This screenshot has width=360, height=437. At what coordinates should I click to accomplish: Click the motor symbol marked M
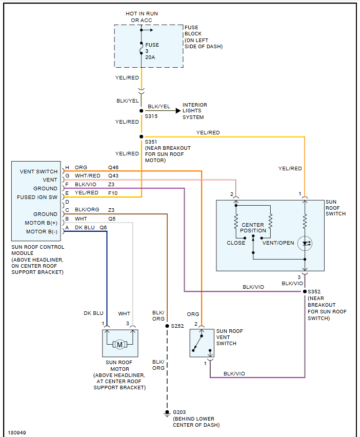click(120, 344)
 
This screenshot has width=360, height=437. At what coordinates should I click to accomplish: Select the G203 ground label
click(180, 412)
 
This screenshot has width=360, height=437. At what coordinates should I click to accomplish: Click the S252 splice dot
click(167, 326)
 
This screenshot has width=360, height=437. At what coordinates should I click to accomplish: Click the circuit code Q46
click(113, 168)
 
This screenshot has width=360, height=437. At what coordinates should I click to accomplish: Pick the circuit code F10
click(113, 193)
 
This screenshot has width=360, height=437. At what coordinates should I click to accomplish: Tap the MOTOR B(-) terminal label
click(42, 231)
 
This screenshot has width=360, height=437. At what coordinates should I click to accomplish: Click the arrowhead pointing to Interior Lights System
click(177, 110)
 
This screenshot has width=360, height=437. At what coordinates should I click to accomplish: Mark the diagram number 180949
click(17, 432)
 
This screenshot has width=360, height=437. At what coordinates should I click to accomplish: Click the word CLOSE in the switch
click(236, 243)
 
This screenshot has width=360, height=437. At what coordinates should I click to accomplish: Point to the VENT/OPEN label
click(278, 243)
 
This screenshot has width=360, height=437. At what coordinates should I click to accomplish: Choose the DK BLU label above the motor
click(93, 313)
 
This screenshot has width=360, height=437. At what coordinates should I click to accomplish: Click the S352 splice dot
click(305, 291)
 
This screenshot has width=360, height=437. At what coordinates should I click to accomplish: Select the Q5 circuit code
click(112, 219)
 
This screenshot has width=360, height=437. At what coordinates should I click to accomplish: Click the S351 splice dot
click(141, 136)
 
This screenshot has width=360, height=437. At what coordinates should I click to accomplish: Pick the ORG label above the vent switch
click(193, 314)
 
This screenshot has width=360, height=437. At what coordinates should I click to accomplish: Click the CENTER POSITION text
click(253, 228)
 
